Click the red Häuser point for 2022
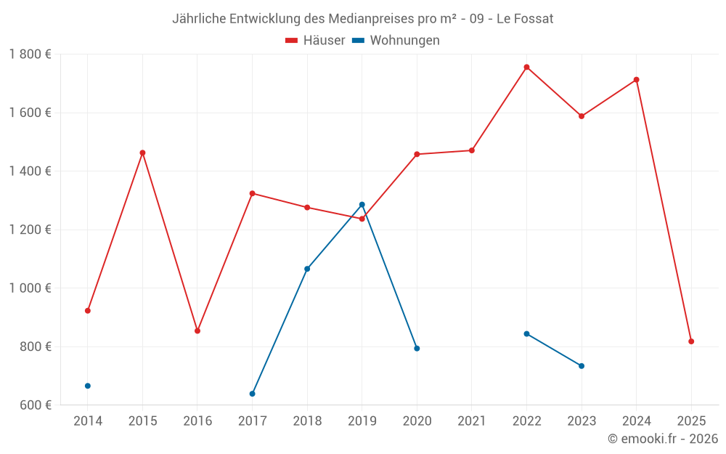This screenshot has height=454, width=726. coord(526,67)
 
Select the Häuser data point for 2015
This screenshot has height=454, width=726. coord(142,153)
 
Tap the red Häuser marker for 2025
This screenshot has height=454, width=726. coord(691,341)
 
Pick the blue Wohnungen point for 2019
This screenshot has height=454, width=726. coord(362,205)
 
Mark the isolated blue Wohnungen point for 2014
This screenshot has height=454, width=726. coord(88,386)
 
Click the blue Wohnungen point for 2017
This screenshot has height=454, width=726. coord(252,394)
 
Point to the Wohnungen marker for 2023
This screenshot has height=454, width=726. coord(582,366)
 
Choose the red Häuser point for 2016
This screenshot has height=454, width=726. coord(197,331)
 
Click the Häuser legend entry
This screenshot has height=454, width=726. coord(315,41)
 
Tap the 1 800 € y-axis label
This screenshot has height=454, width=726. coord(30,54)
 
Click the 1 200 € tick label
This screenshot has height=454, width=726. coord(30,230)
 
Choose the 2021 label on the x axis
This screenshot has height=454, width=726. coord(472,421)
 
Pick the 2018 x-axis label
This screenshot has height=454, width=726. coord(307,421)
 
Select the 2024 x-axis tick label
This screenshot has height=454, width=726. coord(637,421)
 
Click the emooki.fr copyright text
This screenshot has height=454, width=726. coord(662,439)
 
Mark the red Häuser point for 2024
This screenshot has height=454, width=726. coord(636,80)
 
